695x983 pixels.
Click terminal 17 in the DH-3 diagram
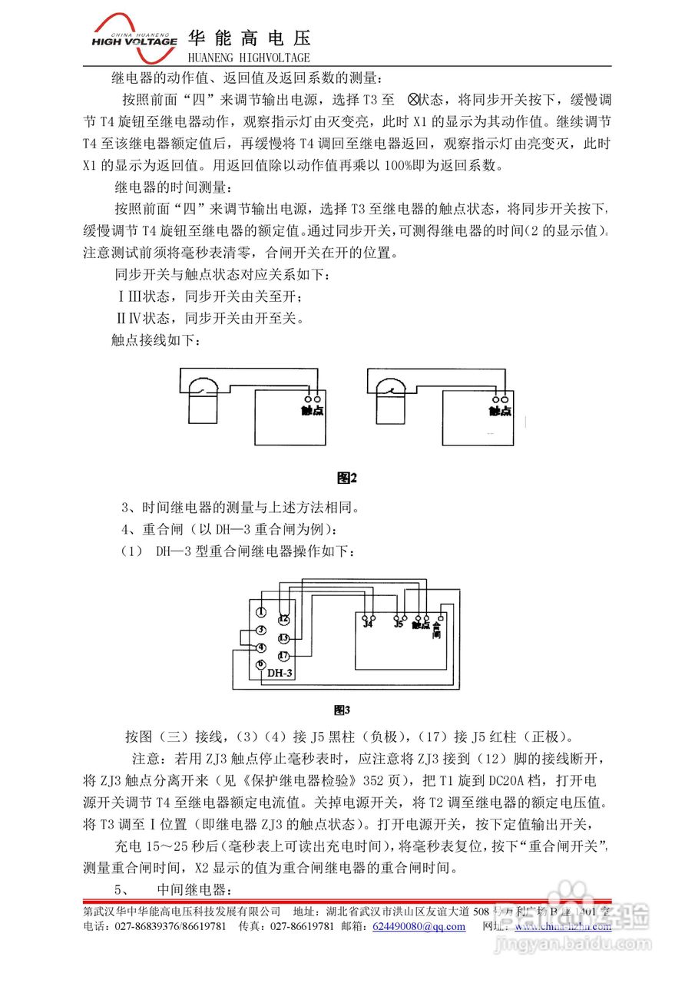click(x=283, y=656)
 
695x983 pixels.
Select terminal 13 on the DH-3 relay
click(x=283, y=638)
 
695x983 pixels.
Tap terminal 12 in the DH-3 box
click(x=283, y=619)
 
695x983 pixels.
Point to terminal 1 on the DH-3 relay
click(x=262, y=612)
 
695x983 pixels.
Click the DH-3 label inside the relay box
click(x=280, y=674)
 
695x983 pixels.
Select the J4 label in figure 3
click(x=368, y=625)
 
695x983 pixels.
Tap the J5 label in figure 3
click(x=398, y=625)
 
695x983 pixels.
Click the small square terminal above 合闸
click(x=441, y=617)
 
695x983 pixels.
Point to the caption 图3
click(x=342, y=710)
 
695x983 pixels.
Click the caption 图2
click(x=347, y=478)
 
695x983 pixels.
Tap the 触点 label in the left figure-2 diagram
click(x=312, y=412)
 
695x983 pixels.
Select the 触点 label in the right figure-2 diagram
click(x=500, y=412)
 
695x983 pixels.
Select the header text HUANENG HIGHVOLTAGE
click(x=249, y=58)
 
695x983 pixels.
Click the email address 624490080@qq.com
click(x=419, y=926)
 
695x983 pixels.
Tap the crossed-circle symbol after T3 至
click(x=412, y=99)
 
